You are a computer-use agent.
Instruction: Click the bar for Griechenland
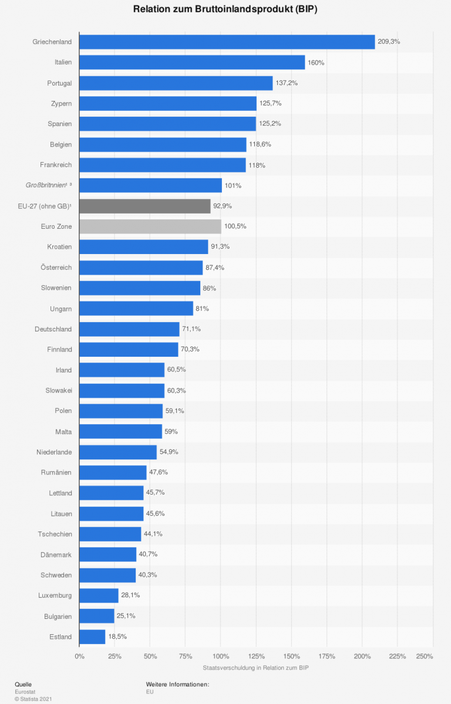pyautogui.click(x=227, y=42)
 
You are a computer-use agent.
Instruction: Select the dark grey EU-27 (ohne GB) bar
pyautogui.click(x=144, y=206)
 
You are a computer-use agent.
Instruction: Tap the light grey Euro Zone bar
pyautogui.click(x=150, y=226)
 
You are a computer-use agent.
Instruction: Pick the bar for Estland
pyautogui.click(x=92, y=637)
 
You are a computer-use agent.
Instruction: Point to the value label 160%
pyautogui.click(x=316, y=63)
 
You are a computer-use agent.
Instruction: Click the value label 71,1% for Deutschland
pyautogui.click(x=191, y=329)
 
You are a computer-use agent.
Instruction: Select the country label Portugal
pyautogui.click(x=59, y=83)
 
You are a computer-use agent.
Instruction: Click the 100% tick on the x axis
pyautogui.click(x=221, y=656)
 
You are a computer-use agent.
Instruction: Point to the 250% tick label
pyautogui.click(x=424, y=656)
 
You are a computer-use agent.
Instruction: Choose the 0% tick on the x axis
pyautogui.click(x=80, y=656)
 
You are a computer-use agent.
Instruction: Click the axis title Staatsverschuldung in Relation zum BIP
pyautogui.click(x=255, y=668)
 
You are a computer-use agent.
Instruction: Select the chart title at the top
pyautogui.click(x=225, y=9)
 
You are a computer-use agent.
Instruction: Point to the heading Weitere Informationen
pyautogui.click(x=177, y=684)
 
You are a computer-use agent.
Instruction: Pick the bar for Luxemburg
pyautogui.click(x=99, y=595)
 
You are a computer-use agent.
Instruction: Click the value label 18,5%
pyautogui.click(x=117, y=637)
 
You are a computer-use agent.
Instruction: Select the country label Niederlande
pyautogui.click(x=54, y=452)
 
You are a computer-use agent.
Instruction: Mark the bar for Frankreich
pyautogui.click(x=162, y=165)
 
